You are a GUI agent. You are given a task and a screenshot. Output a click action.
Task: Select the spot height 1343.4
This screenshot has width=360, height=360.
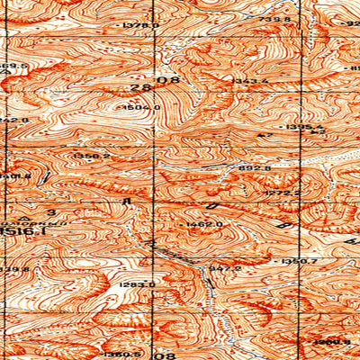[251, 82]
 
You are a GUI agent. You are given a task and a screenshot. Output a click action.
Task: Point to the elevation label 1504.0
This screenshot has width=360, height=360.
[144, 107]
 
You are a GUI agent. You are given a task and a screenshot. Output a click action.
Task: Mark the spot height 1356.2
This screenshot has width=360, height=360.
[93, 156]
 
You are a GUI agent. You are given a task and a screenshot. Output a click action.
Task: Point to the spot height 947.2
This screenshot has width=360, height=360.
[225, 267]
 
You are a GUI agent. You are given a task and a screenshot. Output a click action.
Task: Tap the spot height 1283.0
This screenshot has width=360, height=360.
[138, 284]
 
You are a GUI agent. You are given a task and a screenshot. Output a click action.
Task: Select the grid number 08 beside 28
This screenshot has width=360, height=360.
[167, 80]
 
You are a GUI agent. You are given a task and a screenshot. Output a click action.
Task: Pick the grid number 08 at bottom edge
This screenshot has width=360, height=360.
[166, 355]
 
